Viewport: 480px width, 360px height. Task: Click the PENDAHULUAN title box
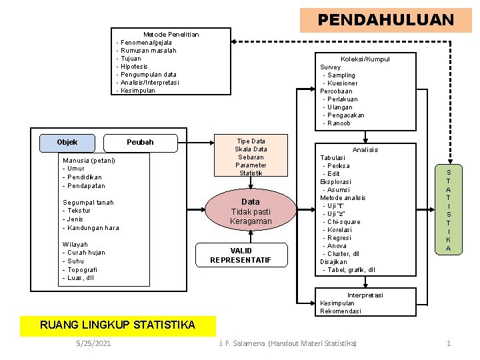pyautogui.click(x=385, y=20)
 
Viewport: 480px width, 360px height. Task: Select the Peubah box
pyautogui.click(x=141, y=142)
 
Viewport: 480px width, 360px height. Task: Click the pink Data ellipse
pyautogui.click(x=251, y=211)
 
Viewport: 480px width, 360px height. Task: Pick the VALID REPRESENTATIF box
pyautogui.click(x=241, y=255)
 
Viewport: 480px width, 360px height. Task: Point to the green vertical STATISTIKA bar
pyautogui.click(x=448, y=210)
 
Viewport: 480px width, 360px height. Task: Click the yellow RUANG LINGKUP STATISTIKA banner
pyautogui.click(x=118, y=325)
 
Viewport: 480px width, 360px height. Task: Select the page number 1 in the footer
pyautogui.click(x=449, y=343)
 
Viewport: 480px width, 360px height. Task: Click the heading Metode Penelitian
pyautogui.click(x=171, y=34)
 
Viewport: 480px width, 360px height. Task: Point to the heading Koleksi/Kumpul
pyautogui.click(x=365, y=59)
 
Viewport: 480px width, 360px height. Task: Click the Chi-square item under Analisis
pyautogui.click(x=343, y=221)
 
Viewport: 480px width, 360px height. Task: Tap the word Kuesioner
pyautogui.click(x=343, y=83)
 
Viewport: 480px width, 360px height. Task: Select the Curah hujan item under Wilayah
pyautogui.click(x=86, y=253)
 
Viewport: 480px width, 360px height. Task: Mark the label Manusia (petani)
pyautogui.click(x=89, y=160)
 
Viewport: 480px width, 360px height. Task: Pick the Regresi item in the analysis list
pyautogui.click(x=339, y=237)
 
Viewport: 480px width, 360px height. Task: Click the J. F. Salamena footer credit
pyautogui.click(x=288, y=343)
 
